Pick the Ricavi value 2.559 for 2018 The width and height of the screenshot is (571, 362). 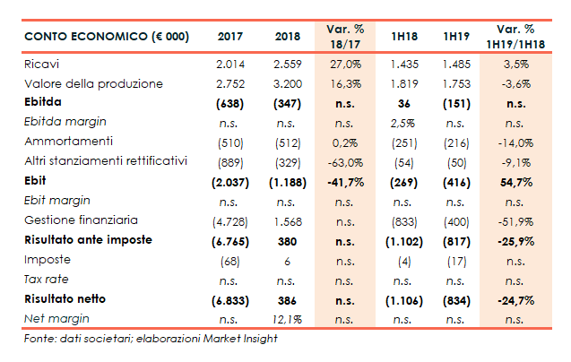(286, 65)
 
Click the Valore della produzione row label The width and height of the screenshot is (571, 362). (93, 84)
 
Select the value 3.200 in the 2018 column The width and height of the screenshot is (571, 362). (286, 84)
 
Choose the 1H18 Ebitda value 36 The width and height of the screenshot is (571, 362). (404, 103)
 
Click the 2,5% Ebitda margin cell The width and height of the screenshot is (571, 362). (404, 123)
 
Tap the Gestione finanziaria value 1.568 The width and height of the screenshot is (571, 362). (286, 220)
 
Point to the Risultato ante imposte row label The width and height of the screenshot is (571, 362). (88, 239)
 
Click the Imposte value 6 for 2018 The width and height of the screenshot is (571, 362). (286, 260)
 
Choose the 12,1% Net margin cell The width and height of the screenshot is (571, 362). (286, 318)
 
